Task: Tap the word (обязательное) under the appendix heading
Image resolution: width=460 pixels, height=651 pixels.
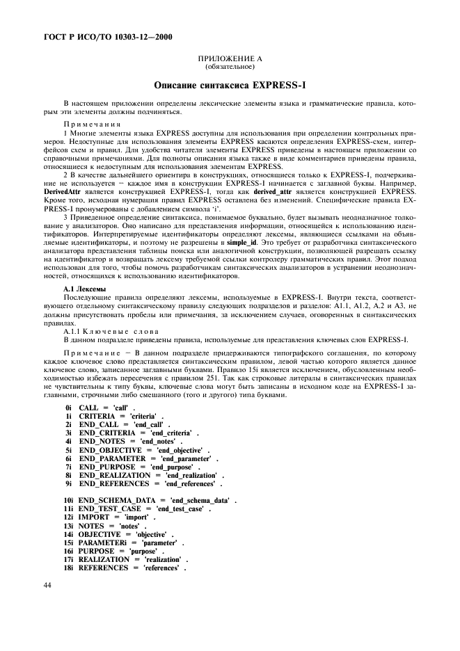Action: point(230,68)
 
